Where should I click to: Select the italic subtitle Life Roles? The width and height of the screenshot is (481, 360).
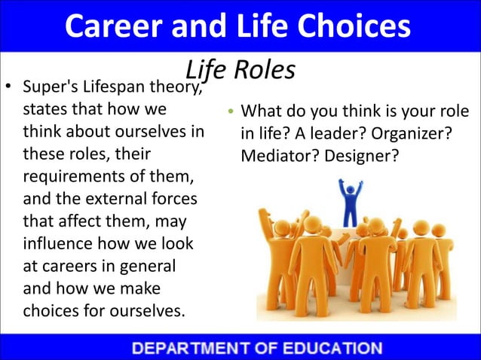[240, 69]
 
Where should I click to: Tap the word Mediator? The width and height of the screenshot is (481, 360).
[275, 157]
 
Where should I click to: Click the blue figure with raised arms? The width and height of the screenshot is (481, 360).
[350, 200]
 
